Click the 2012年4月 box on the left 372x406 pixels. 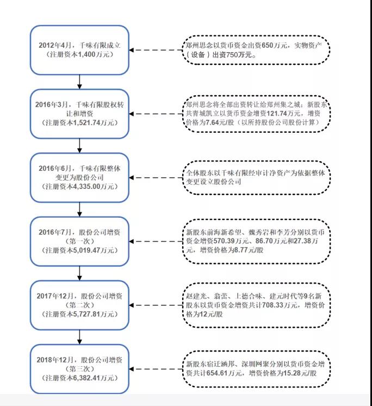[x=80, y=50]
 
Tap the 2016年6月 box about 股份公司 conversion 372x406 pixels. [x=80, y=177]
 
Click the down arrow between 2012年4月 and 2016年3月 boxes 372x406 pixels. [x=80, y=82]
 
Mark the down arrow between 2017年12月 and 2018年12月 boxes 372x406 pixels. [x=80, y=337]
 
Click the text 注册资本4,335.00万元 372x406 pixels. [x=80, y=186]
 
